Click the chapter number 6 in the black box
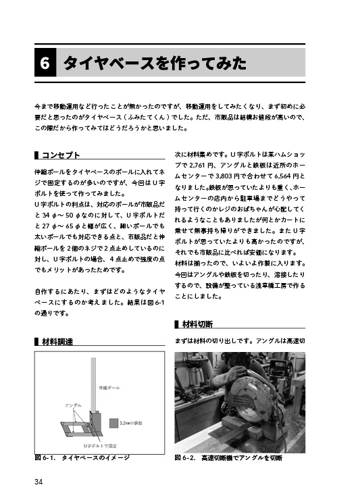click(44, 64)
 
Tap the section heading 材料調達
click(57, 341)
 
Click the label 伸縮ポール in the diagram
click(109, 388)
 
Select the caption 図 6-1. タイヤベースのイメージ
click(82, 458)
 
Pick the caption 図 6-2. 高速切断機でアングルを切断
click(228, 458)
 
